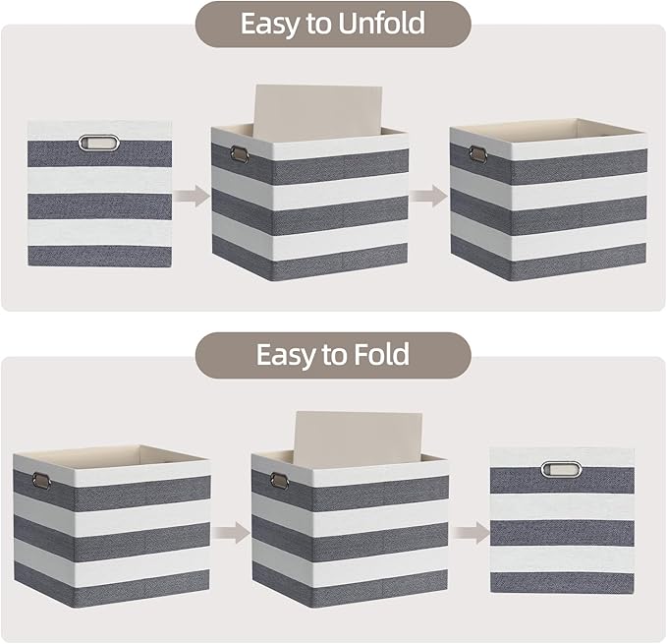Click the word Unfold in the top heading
pos(375,25)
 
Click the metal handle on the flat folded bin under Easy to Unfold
pos(98,141)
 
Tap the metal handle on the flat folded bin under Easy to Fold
pos(561,467)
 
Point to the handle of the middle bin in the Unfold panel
pos(239,153)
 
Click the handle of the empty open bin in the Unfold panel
pos(477,153)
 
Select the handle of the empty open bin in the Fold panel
pos(41,481)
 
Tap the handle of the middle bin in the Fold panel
pos(278,481)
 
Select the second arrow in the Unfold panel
pos(428,197)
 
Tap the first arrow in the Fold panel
pos(231,532)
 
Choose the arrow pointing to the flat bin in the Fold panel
pos(469,532)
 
